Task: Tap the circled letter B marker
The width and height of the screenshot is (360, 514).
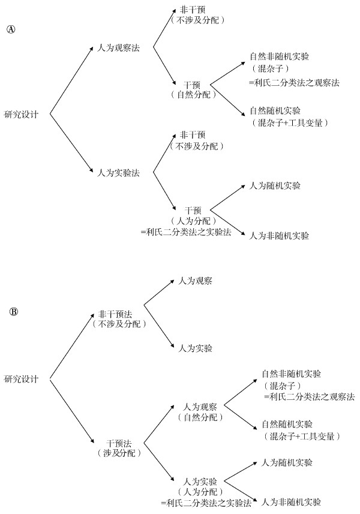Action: [x=14, y=312]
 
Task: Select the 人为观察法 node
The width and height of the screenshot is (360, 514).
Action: [x=119, y=47]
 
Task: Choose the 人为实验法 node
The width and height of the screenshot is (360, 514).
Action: [x=119, y=173]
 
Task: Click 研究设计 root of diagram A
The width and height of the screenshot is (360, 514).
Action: [x=22, y=114]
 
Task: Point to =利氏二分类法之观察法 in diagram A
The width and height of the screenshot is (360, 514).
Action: [x=294, y=82]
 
